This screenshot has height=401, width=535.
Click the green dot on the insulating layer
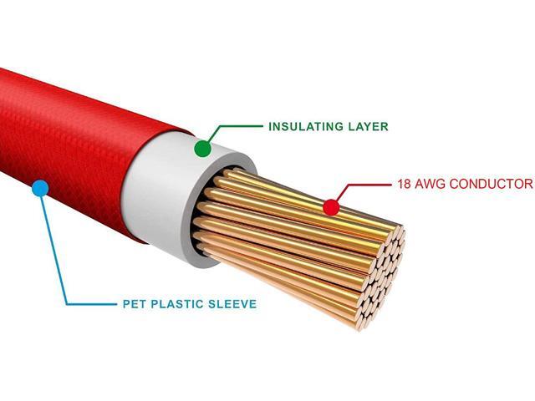pyautogui.click(x=202, y=150)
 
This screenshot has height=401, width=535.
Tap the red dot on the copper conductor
pyautogui.click(x=331, y=206)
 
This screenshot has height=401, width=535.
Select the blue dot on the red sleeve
pyautogui.click(x=38, y=188)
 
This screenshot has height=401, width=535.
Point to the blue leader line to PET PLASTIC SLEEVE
pyautogui.click(x=63, y=276)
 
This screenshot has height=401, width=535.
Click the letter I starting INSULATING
pyautogui.click(x=270, y=128)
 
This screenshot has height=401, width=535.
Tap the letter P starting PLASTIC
pyautogui.click(x=155, y=304)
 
